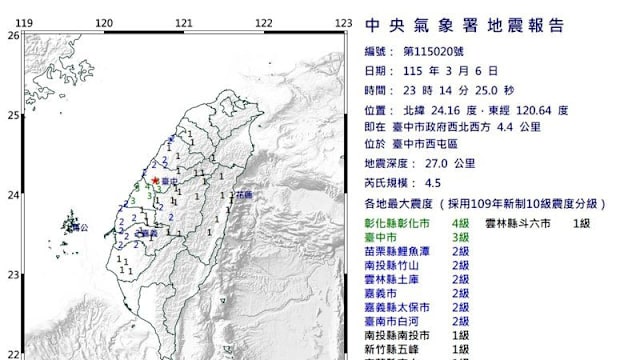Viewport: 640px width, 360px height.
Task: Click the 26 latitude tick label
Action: [13, 35]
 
